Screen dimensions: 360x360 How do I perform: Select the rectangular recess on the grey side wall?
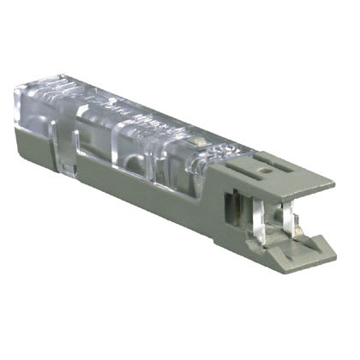(230, 206)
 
